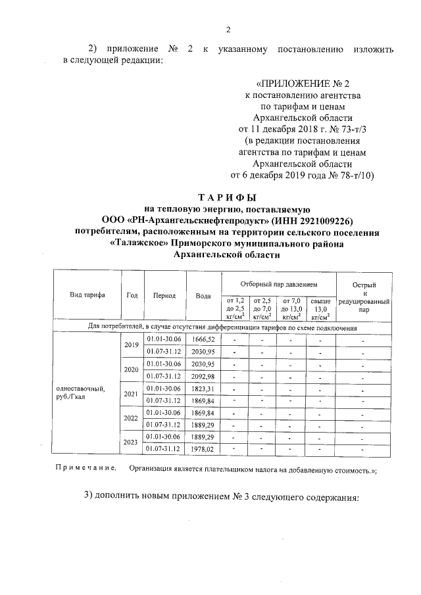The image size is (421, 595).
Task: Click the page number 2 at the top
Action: [x=229, y=28]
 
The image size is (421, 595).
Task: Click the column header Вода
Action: [x=203, y=296]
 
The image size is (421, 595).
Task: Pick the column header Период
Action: [x=164, y=296]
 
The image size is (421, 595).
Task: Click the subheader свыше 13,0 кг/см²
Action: [x=320, y=307]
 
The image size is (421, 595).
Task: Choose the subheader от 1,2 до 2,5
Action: [x=235, y=307]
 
